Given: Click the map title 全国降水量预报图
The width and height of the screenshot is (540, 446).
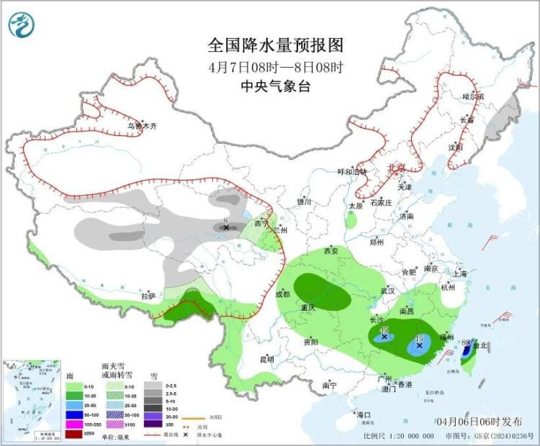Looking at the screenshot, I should tap(276, 45).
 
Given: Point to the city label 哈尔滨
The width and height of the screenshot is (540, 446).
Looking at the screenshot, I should tap(473, 96).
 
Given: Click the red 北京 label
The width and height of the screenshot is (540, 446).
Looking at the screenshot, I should tap(397, 168).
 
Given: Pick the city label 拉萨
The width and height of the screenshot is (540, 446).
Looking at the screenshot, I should tap(148, 296).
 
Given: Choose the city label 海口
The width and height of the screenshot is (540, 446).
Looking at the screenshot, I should tap(364, 415).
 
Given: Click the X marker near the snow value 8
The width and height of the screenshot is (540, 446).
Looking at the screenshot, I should tap(226, 227).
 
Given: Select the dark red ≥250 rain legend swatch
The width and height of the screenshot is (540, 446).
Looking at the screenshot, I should tap(74, 433).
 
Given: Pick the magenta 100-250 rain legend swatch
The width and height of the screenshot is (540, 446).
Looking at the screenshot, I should tap(74, 424).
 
